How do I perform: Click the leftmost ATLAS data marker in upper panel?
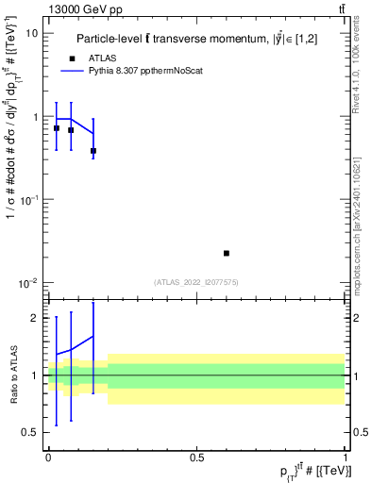pos(57,128)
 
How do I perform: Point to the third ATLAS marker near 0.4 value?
pos(93,151)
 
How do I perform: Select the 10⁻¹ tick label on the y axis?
pos(28,200)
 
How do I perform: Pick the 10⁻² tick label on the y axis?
pos(28,283)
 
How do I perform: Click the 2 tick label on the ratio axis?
pos(34,318)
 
